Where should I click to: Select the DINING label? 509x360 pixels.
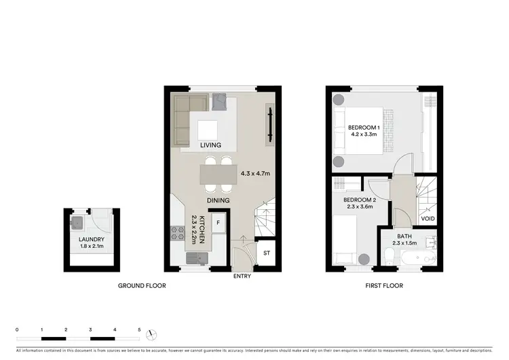pyautogui.click(x=218, y=200)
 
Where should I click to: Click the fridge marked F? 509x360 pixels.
pyautogui.click(x=219, y=222)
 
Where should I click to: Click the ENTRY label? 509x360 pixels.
pyautogui.click(x=242, y=276)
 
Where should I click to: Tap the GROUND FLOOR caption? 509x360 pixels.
pyautogui.click(x=142, y=286)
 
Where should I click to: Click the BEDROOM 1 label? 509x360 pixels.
pyautogui.click(x=364, y=127)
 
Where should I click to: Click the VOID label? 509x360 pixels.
pyautogui.click(x=428, y=219)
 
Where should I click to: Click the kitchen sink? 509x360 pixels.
pyautogui.click(x=196, y=257)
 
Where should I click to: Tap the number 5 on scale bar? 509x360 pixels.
pyautogui.click(x=139, y=329)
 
